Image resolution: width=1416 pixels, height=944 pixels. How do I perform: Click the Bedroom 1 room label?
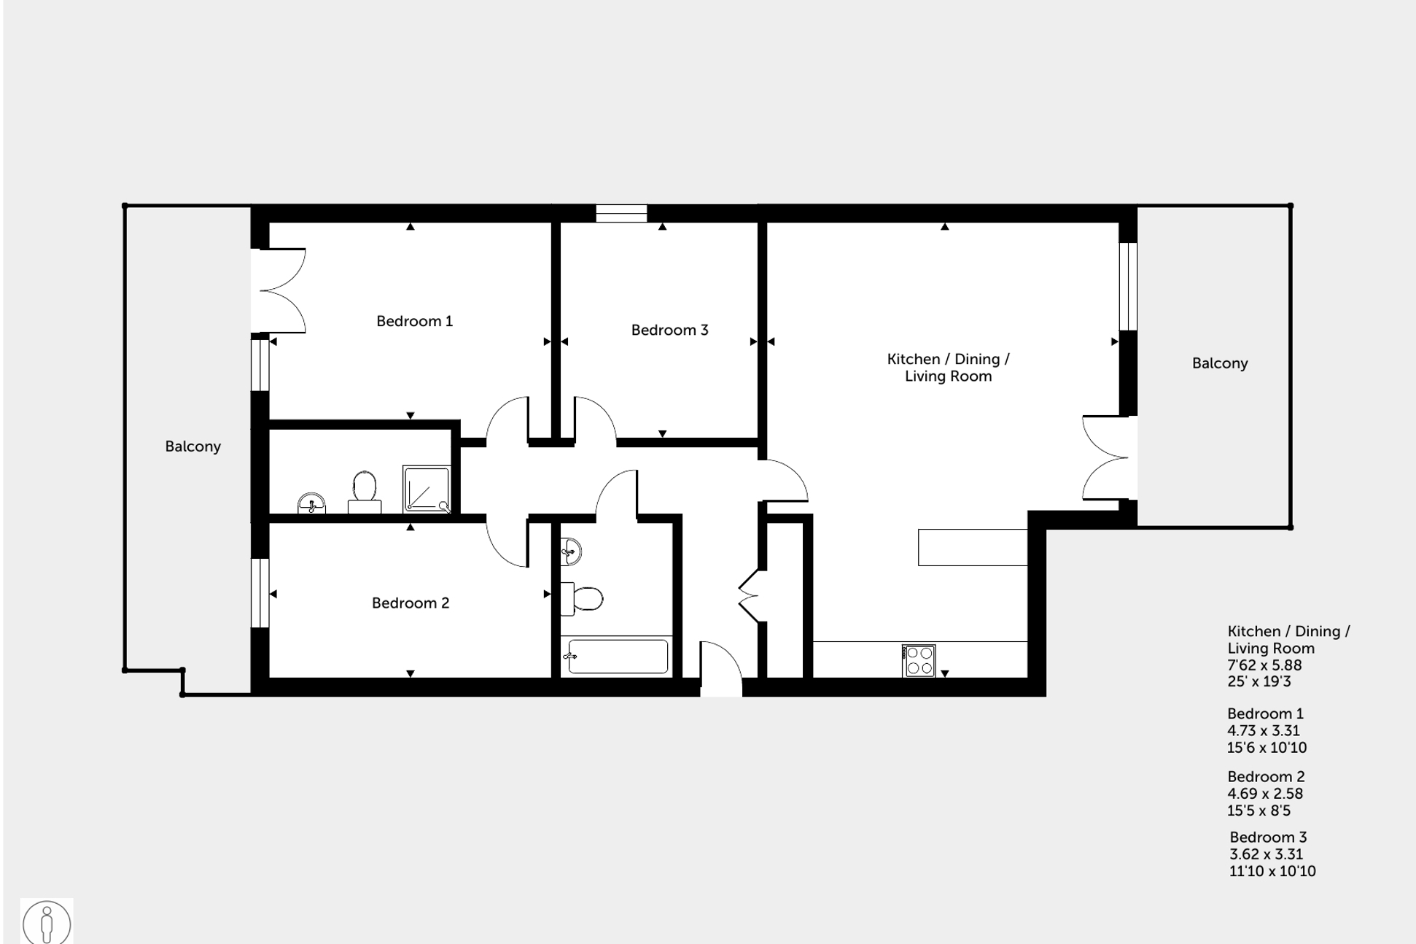[x=414, y=321]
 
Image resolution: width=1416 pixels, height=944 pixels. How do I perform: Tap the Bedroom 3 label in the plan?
[x=669, y=330]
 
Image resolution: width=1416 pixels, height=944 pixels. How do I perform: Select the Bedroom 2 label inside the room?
[x=410, y=603]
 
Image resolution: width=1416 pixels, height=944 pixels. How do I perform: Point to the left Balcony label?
[x=192, y=446]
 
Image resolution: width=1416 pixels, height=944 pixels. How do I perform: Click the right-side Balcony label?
[x=1219, y=363]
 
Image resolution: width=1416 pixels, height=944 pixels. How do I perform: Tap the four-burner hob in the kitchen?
[x=918, y=661]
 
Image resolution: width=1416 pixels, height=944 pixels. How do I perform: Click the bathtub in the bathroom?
[x=617, y=656]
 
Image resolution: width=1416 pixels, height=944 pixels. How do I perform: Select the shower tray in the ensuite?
[x=427, y=488]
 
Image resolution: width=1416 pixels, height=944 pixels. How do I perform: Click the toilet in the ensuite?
[x=365, y=490]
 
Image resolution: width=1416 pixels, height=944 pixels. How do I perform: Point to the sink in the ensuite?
[x=312, y=503]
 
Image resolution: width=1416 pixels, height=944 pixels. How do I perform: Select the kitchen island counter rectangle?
[x=972, y=547]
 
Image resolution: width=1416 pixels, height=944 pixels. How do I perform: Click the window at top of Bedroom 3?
[x=621, y=213]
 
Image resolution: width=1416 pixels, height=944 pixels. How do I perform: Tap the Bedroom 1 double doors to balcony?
[x=281, y=290]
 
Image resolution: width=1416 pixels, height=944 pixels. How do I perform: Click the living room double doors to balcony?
[x=1107, y=457]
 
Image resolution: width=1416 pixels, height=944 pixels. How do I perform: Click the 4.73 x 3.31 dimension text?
[x=1263, y=731]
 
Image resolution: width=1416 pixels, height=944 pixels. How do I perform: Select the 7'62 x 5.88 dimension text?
[x=1264, y=665]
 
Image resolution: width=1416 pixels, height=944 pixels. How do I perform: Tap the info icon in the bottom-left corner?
[x=47, y=922]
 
